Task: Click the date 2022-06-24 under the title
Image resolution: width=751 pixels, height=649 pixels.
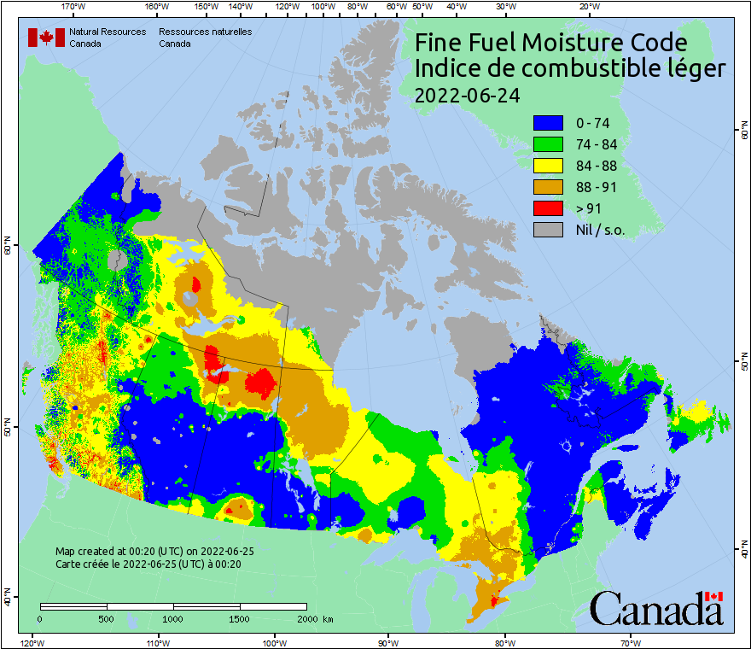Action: click(x=467, y=95)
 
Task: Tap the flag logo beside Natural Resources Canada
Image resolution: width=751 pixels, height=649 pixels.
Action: click(x=46, y=38)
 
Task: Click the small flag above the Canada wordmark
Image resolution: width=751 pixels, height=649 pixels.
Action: click(x=713, y=596)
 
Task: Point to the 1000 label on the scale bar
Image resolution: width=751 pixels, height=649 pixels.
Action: click(x=173, y=618)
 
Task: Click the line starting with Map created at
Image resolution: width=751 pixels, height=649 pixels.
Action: click(x=154, y=552)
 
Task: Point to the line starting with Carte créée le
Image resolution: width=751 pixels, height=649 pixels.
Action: click(x=148, y=564)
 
